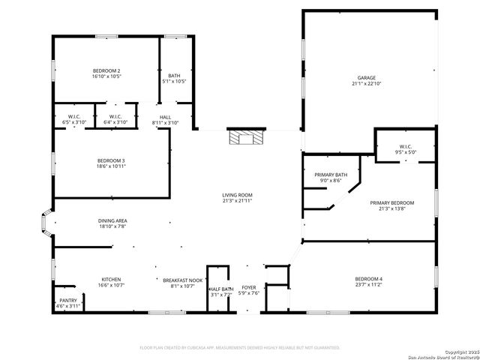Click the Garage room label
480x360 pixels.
366,77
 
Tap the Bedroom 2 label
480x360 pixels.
106,70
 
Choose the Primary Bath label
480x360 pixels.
331,174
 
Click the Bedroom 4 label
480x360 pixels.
368,280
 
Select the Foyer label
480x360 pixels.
249,286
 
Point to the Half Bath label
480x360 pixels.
221,289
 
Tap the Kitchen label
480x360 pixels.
111,280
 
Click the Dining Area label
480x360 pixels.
112,220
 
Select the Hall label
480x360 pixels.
165,116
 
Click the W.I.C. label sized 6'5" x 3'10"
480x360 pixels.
74,116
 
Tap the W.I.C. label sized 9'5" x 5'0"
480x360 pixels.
405,146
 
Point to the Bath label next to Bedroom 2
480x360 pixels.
174,75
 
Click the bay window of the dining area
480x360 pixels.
46,223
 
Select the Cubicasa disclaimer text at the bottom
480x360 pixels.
240,347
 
